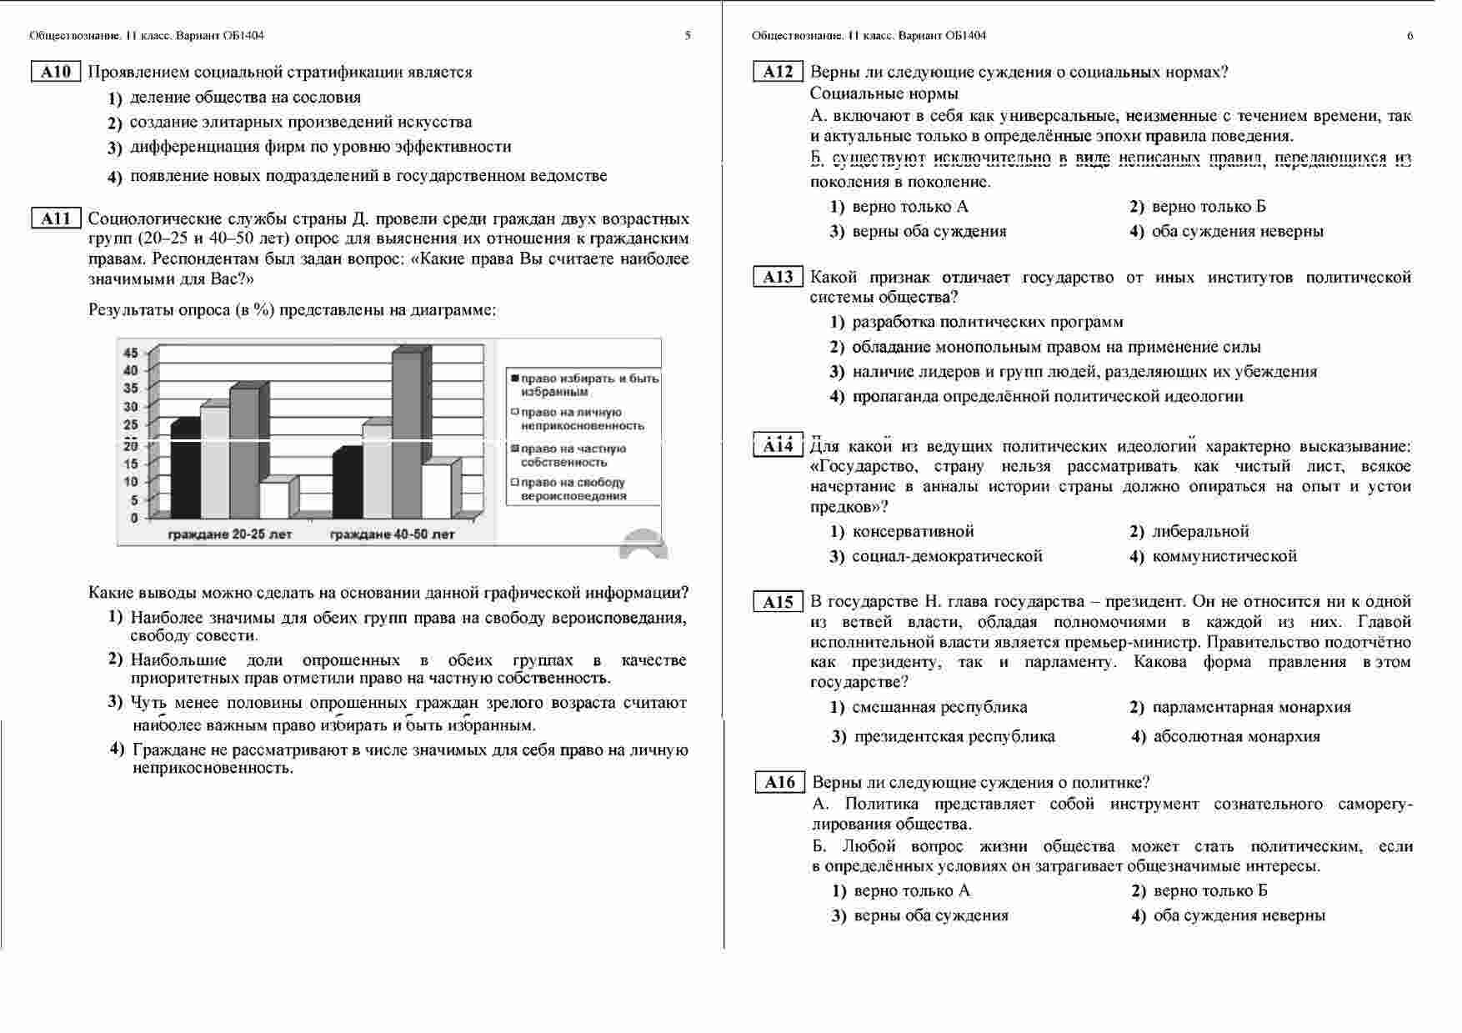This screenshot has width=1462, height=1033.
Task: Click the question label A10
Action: coord(55,72)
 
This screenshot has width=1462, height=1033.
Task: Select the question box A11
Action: coord(55,218)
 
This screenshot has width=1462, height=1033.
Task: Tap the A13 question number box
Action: coord(778,278)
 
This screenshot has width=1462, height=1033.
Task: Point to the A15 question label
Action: coord(778,602)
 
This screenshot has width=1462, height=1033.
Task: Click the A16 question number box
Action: coord(779,782)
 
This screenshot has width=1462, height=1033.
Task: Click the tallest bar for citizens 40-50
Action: coord(408,434)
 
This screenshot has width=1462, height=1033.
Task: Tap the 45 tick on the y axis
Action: coord(131,353)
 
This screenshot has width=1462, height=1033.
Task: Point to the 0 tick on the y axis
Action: coord(134,518)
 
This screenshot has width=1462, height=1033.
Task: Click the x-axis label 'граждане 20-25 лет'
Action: coord(230,534)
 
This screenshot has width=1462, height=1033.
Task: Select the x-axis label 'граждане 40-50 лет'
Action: coord(393,534)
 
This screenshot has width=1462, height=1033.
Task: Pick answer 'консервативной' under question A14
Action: coord(913,532)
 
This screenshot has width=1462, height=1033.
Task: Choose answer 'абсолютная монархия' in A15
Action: coord(1237,737)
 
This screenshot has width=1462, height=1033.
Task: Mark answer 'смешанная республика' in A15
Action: coord(939,708)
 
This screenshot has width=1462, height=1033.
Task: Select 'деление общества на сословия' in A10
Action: coord(246,98)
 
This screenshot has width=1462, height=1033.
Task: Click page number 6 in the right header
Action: coord(1410,36)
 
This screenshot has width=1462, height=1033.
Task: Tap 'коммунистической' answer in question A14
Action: coord(1224,556)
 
